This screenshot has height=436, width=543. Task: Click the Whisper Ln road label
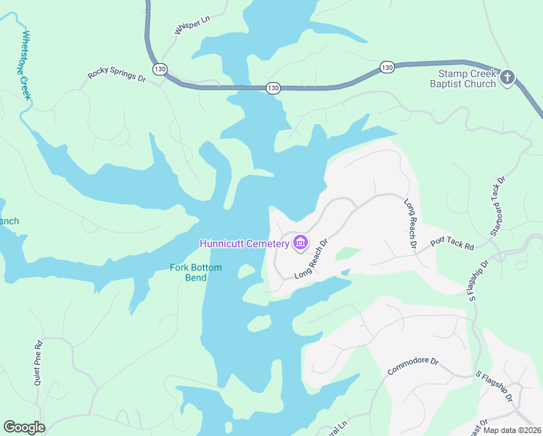click(x=192, y=24)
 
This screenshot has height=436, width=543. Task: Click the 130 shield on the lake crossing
click(x=272, y=87)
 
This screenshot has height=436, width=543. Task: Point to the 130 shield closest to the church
click(x=387, y=68)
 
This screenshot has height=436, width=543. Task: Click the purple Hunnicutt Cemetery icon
click(x=301, y=243)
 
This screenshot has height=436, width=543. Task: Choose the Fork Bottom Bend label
click(x=196, y=272)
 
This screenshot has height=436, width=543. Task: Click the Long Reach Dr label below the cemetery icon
click(x=312, y=261)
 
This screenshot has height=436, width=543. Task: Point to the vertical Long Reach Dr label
click(x=410, y=224)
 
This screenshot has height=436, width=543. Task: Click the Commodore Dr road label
click(x=413, y=366)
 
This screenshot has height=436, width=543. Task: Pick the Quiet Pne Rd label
click(x=38, y=357)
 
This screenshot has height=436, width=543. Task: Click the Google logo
click(x=24, y=427)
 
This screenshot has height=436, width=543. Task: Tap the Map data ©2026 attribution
click(x=512, y=430)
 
